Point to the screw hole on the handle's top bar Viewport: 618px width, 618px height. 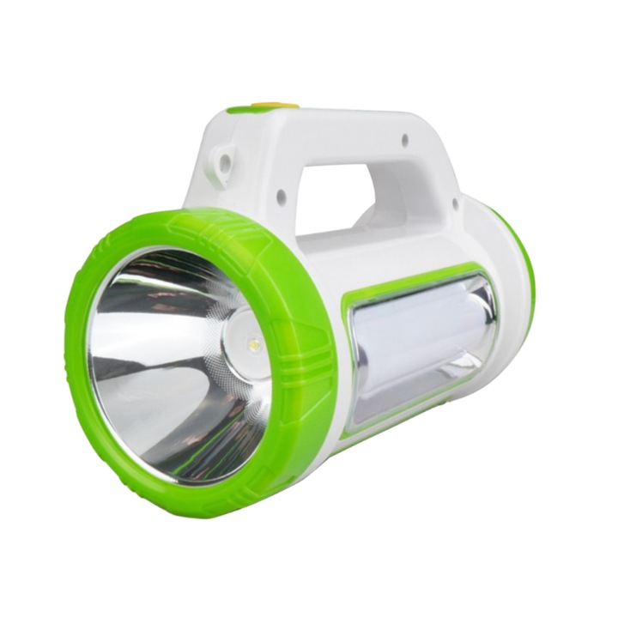coord(406,138)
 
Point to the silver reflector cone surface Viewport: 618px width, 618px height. coord(154,378)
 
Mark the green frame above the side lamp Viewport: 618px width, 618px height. coord(412,276)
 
